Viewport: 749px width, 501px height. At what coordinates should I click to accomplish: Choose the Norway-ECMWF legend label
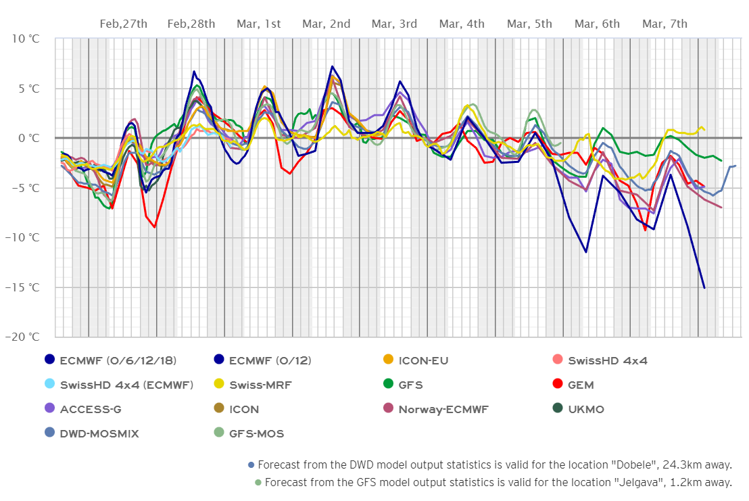click(443, 409)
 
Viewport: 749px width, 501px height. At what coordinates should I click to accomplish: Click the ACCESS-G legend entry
click(90, 409)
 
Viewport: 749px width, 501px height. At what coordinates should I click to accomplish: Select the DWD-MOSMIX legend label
click(99, 433)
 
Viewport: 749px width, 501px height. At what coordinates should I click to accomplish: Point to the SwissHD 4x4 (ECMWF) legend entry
click(126, 385)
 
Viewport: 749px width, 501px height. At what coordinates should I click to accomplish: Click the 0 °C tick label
click(29, 138)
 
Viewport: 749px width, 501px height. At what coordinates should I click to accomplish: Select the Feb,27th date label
click(124, 24)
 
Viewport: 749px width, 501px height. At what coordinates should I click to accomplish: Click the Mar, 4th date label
click(462, 24)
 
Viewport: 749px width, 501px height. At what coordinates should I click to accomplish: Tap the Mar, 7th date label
click(665, 24)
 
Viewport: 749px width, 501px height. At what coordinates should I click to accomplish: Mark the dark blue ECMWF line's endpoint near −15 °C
click(704, 288)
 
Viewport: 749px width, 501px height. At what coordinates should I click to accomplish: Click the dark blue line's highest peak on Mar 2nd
click(332, 66)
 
